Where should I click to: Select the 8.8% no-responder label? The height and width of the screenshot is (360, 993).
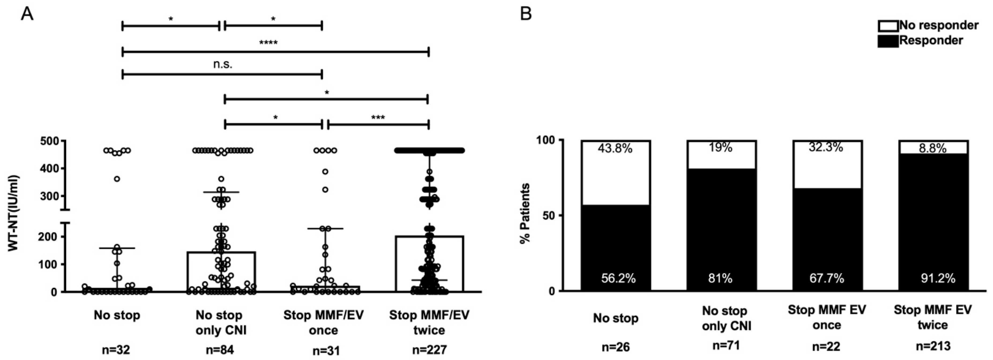pos(932,148)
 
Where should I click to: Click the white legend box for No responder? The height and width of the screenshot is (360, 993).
pos(888,26)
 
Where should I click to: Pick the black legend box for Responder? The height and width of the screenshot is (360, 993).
pos(888,41)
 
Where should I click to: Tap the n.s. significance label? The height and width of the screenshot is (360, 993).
pos(223,64)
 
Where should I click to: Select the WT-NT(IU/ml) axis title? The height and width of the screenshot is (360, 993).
pos(14,213)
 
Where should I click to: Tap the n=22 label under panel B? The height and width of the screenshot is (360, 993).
pos(826,347)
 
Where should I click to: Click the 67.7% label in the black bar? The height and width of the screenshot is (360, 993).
pos(827,278)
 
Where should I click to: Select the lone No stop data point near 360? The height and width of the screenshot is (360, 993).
pos(117,179)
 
